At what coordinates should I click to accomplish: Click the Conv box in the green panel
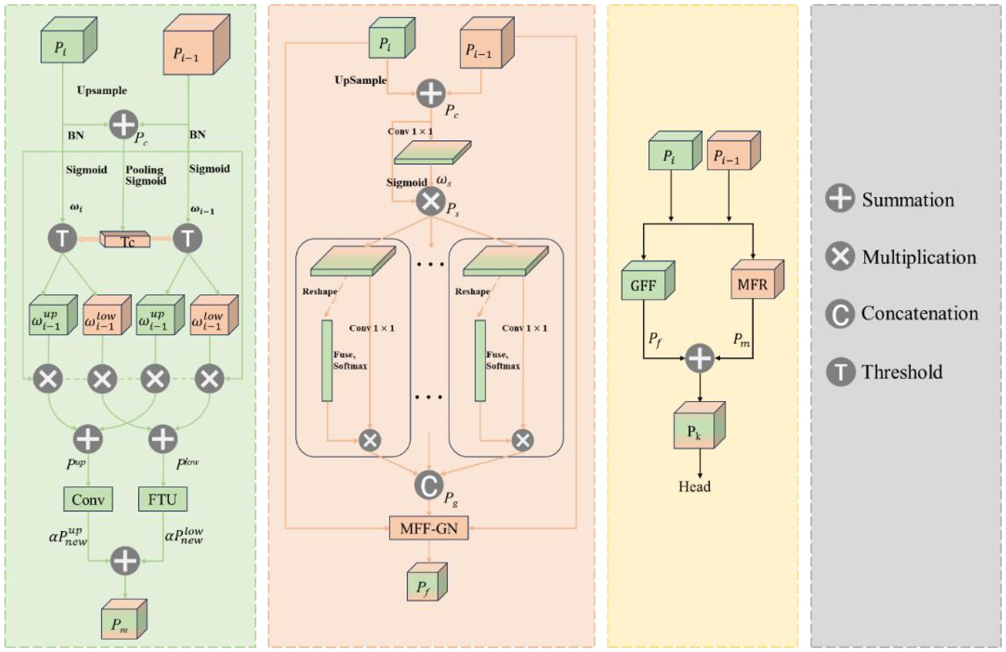click(x=88, y=499)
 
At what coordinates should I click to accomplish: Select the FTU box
click(x=163, y=499)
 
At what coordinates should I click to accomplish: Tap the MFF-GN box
click(x=429, y=528)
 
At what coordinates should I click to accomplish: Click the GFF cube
click(x=644, y=285)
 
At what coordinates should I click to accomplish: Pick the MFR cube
click(x=752, y=284)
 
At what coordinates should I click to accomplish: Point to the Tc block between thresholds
click(x=126, y=241)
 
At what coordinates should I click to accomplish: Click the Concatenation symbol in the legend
click(x=840, y=314)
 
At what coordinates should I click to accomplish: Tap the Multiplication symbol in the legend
click(x=840, y=257)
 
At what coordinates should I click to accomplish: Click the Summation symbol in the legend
click(x=840, y=198)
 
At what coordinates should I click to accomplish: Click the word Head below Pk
click(x=694, y=487)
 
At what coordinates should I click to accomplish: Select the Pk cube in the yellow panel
click(x=694, y=431)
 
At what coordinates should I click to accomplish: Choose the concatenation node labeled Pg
click(x=429, y=485)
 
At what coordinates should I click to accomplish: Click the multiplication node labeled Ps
click(x=430, y=202)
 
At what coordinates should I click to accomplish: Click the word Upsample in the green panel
click(x=102, y=90)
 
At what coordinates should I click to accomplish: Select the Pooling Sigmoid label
click(x=146, y=175)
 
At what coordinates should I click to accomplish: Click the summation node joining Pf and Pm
click(x=700, y=358)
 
